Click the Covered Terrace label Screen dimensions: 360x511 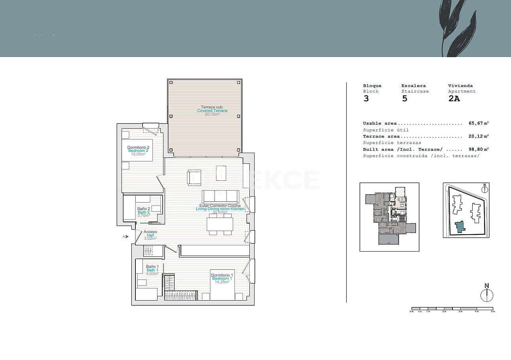pyautogui.click(x=212, y=110)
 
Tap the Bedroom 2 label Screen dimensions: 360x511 pyautogui.click(x=138, y=150)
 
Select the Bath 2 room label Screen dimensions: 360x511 pyautogui.click(x=143, y=212)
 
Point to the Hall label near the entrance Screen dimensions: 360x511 pyautogui.click(x=150, y=235)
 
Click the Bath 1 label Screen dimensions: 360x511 pyautogui.click(x=152, y=270)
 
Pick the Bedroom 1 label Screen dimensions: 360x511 pyautogui.click(x=222, y=279)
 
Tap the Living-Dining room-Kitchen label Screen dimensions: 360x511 pyautogui.click(x=220, y=208)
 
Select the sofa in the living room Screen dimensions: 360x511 pyautogui.click(x=220, y=197)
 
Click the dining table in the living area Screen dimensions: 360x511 pyautogui.click(x=220, y=225)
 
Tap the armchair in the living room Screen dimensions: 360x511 pyautogui.click(x=194, y=177)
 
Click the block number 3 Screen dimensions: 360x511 pyautogui.click(x=366, y=99)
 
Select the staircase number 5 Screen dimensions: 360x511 pyautogui.click(x=405, y=99)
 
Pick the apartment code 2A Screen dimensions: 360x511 pyautogui.click(x=454, y=99)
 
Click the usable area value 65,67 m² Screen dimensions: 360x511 pyautogui.click(x=479, y=123)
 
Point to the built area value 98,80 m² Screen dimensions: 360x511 pyautogui.click(x=479, y=150)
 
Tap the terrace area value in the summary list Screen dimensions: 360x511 pyautogui.click(x=479, y=136)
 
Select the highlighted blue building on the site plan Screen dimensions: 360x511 pyautogui.click(x=459, y=227)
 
